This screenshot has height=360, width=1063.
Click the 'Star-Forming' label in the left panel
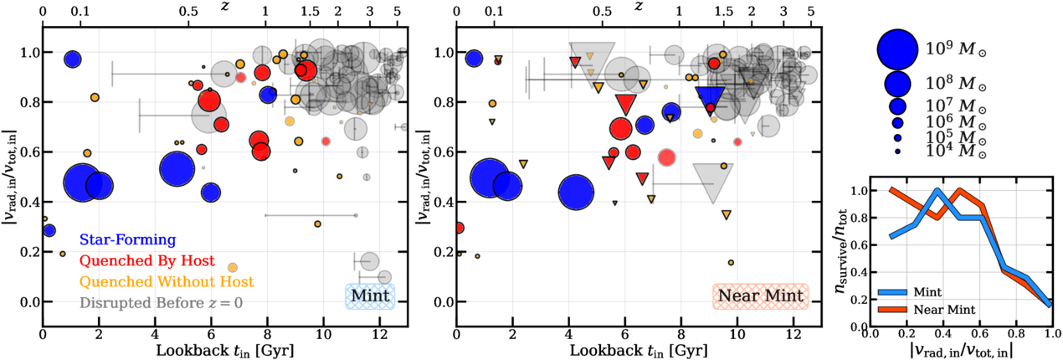pos(128,239)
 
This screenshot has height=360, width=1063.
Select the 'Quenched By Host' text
pos(147,260)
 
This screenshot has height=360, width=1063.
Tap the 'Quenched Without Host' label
pos(167,281)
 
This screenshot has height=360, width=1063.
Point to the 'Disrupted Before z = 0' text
pos(161,303)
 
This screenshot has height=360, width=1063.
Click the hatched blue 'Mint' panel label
pos(370,296)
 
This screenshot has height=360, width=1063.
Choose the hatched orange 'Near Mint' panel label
pos(760,296)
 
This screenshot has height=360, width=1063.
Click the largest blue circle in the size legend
pos(897,49)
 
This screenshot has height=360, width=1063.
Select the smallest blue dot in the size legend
pos(897,152)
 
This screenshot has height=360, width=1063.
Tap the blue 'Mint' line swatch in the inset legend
pos(892,292)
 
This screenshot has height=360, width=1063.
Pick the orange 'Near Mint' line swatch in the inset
pos(892,310)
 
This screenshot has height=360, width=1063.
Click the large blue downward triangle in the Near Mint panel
pos(710,100)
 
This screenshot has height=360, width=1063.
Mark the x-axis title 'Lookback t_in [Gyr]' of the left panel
pos(225,351)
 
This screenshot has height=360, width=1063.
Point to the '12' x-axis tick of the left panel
pos(379,335)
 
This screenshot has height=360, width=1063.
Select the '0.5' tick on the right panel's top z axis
pos(602,11)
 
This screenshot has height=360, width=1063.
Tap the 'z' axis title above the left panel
pos(225,7)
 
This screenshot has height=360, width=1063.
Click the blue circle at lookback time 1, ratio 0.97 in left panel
pos(73,59)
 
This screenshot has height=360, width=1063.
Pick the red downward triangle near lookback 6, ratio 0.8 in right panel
pos(626,104)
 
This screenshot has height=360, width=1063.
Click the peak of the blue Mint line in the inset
pos(937,190)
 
